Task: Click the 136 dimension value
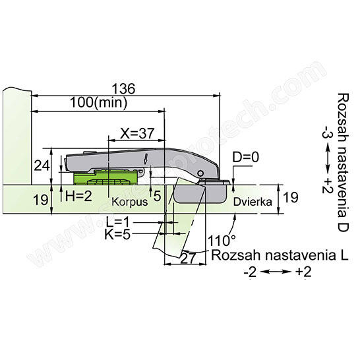[123, 89]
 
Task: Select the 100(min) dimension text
[98, 102]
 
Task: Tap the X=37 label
[137, 133]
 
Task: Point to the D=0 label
[246, 158]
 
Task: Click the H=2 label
[78, 196]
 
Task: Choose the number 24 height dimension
[42, 165]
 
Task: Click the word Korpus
[129, 202]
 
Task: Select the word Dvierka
[253, 202]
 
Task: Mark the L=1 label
[118, 222]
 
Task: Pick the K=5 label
[117, 234]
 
